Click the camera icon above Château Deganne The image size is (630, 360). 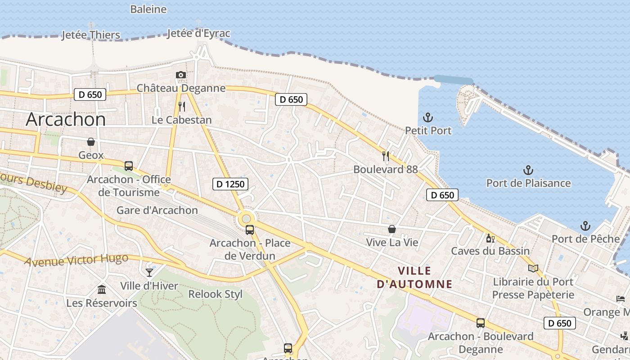click(181, 75)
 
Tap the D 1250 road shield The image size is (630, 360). click(230, 184)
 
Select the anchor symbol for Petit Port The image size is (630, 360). click(428, 118)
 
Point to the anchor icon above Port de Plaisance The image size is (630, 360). click(528, 170)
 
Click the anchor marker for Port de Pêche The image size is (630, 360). click(585, 225)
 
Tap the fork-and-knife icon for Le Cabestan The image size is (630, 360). click(182, 107)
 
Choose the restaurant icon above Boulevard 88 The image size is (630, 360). click(386, 156)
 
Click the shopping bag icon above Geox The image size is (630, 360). click(91, 142)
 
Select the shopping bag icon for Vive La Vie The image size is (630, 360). click(392, 229)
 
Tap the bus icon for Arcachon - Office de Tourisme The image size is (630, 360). click(129, 166)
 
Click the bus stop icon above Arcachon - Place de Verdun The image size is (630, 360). click(250, 230)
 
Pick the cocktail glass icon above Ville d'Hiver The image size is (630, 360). click(149, 272)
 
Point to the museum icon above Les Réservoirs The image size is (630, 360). click(102, 289)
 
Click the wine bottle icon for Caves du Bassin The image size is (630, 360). click(490, 238)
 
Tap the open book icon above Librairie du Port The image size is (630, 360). click(533, 269)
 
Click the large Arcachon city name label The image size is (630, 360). click(66, 119)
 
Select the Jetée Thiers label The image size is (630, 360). click(91, 35)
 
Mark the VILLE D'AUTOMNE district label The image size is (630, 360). click(414, 278)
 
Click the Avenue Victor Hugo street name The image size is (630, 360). click(76, 260)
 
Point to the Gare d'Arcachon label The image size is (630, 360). click(157, 210)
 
